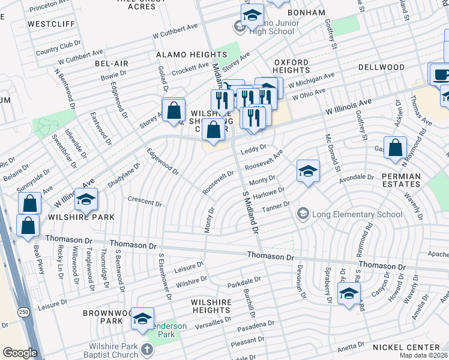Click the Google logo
coord(20,353)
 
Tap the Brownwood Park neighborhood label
coord(103,317)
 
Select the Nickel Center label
coord(414,347)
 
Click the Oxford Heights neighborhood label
coord(291,66)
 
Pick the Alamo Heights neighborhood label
coord(183,55)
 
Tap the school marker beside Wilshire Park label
coord(86,199)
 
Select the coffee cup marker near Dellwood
coord(442,74)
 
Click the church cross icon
coord(146,349)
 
